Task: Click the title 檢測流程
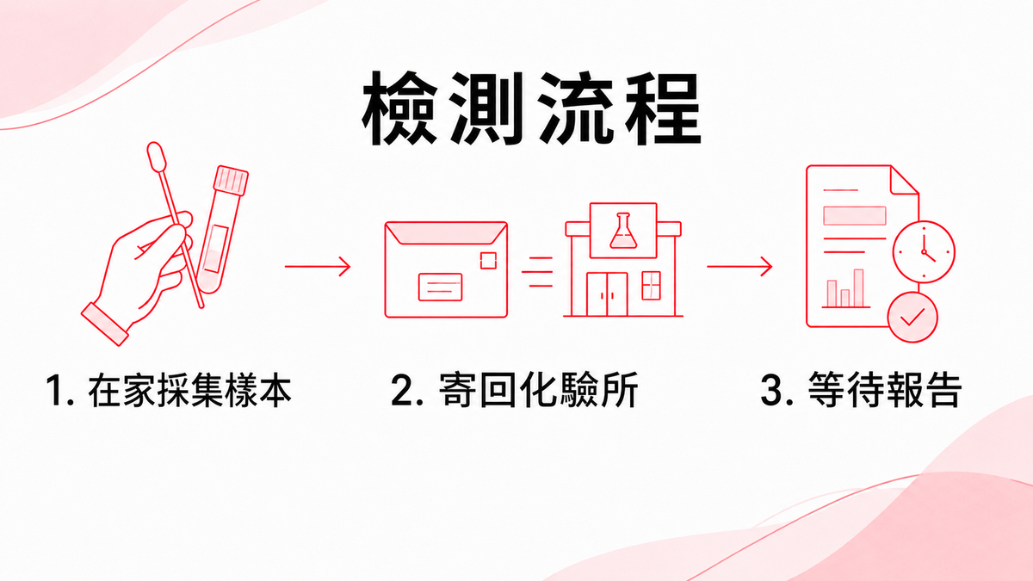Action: pyautogui.click(x=531, y=109)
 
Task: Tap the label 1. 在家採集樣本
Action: pyautogui.click(x=169, y=390)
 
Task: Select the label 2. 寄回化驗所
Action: pyautogui.click(x=515, y=390)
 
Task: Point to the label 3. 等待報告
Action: pyautogui.click(x=862, y=390)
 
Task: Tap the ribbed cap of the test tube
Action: pyautogui.click(x=231, y=180)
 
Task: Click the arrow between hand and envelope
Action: pyautogui.click(x=318, y=267)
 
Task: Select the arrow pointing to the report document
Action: pyautogui.click(x=739, y=267)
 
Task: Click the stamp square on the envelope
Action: pyautogui.click(x=488, y=261)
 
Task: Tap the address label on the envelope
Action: pyautogui.click(x=441, y=287)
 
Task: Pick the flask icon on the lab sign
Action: pyautogui.click(x=623, y=231)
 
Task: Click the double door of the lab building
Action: pyautogui.click(x=607, y=294)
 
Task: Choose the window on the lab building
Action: pyautogui.click(x=651, y=286)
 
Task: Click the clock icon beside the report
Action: pyautogui.click(x=924, y=251)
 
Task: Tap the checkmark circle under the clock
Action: pyautogui.click(x=912, y=318)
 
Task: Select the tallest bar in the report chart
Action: pyautogui.click(x=858, y=288)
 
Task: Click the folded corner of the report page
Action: pyautogui.click(x=904, y=180)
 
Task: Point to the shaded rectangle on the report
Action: pyautogui.click(x=855, y=215)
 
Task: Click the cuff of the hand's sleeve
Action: pyautogui.click(x=105, y=324)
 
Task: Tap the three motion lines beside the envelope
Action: pyautogui.click(x=537, y=272)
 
